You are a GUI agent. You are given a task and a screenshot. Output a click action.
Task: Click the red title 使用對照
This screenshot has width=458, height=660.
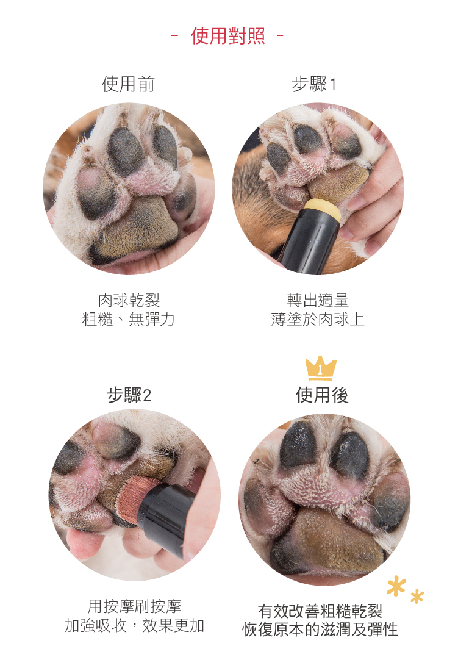pos(227,36)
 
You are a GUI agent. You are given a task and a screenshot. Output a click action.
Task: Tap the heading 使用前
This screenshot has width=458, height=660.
pos(129,84)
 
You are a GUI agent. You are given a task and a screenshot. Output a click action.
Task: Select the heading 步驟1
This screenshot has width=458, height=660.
pos(314,84)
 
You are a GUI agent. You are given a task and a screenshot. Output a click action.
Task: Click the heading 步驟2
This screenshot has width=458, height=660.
pos(129,395)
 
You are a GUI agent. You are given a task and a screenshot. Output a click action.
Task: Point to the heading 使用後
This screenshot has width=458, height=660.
pos(322,395)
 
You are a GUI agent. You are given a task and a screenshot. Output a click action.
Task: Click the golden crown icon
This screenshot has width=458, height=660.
pos(321,368)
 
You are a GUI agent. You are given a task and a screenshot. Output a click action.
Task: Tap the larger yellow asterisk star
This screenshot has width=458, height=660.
pos(396,586)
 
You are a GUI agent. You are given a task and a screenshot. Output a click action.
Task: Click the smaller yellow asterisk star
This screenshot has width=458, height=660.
pos(417,597)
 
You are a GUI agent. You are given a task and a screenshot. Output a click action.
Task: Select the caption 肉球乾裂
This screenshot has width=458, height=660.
pos(129,300)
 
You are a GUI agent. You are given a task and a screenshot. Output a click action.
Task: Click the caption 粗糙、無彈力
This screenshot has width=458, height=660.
pos(129,319)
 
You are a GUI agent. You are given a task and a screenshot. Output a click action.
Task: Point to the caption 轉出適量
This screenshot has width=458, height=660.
pos(318,300)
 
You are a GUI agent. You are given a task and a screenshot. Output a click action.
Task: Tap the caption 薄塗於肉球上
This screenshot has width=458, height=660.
pos(318,319)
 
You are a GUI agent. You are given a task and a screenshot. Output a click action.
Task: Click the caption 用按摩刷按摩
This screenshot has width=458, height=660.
pos(134,606)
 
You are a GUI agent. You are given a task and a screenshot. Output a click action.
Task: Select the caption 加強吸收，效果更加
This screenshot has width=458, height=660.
pos(134,625)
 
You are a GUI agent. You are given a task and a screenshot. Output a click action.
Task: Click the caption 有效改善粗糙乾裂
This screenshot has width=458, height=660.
pos(320,611)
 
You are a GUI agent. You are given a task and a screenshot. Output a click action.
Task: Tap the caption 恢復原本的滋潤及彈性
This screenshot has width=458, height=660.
pos(320,630)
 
